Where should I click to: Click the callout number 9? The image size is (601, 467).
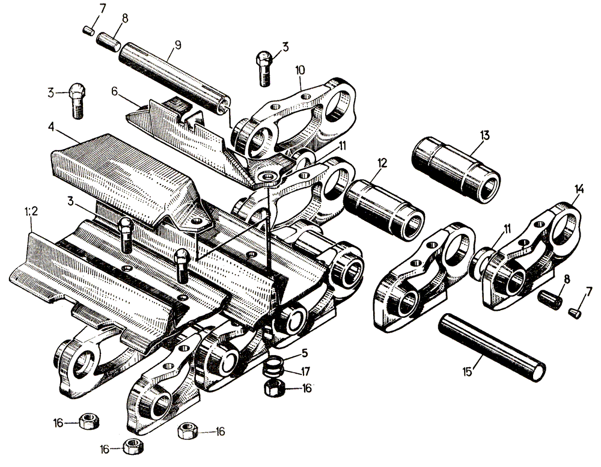coord(177,45)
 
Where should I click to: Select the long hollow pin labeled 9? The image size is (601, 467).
coord(175,78)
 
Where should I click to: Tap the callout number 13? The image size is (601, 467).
coord(484,135)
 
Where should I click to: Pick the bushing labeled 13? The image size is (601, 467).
coord(456,169)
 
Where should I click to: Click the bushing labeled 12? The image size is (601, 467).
coord(385,210)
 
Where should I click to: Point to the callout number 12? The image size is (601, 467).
coord(382,163)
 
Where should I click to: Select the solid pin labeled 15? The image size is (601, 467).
coord(492,347)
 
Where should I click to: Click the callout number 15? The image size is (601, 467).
coord(467,372)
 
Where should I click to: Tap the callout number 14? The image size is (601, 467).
coord(579,189)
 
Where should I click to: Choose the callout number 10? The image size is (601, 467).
coord(300,70)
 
